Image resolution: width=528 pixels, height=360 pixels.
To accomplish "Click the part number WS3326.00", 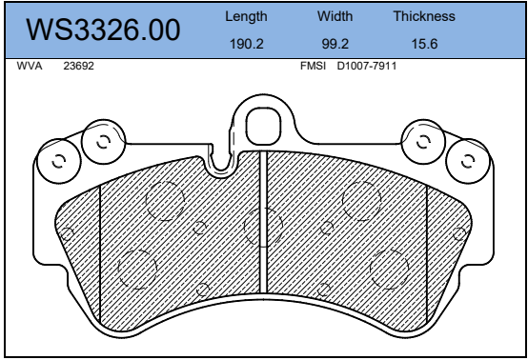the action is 103,30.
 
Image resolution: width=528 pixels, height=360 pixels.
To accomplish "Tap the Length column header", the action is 246,16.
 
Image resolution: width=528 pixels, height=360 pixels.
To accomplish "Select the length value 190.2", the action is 247,44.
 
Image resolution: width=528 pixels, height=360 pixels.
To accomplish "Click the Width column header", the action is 335,16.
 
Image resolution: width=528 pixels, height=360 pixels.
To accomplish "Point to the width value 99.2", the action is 335,44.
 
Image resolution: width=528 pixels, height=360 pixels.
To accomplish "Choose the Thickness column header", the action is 424,16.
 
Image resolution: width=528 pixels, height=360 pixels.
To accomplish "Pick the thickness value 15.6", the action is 424,44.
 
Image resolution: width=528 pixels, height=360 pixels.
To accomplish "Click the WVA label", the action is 30,66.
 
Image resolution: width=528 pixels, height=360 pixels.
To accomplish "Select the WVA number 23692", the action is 79,66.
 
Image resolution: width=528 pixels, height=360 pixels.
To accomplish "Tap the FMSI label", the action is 314,66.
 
